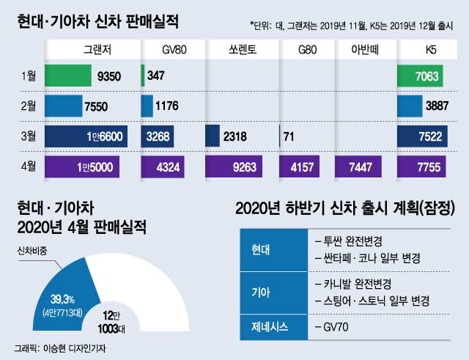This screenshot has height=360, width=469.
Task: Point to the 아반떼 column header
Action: [360, 51]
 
